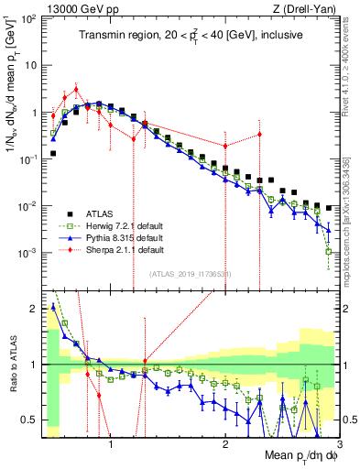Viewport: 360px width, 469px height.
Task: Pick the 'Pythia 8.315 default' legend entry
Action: (121, 235)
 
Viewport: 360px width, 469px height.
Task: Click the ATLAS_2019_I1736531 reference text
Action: (190, 273)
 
